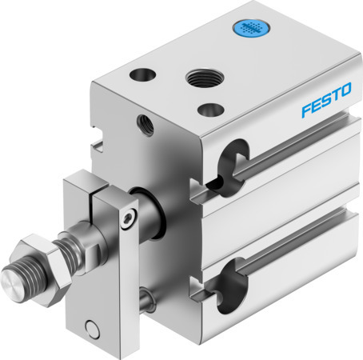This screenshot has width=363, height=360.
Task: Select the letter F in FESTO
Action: pos(307,112)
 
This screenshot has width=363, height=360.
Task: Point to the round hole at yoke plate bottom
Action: pos(95,328)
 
